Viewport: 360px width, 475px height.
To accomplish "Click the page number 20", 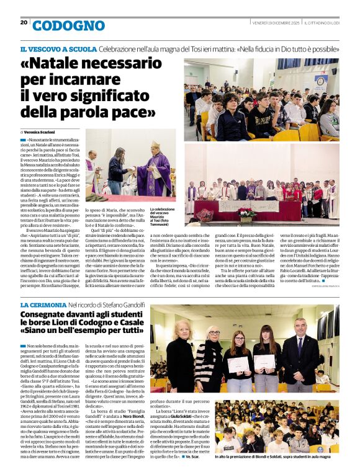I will (24, 22).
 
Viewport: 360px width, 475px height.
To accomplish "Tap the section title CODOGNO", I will (68, 25).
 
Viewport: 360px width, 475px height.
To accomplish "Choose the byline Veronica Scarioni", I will (42, 132).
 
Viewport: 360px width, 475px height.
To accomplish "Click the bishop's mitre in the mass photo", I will (155, 144).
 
